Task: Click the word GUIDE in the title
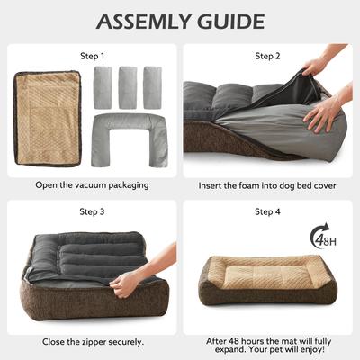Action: point(233,21)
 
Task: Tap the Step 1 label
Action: point(90,56)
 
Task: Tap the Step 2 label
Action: point(268,56)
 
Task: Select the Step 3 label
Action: point(90,212)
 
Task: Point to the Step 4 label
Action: point(268,212)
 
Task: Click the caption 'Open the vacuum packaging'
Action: point(90,184)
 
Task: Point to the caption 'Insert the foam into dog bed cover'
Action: point(268,184)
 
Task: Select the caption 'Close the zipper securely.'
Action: point(90,341)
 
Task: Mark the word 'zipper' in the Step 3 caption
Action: point(97,341)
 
